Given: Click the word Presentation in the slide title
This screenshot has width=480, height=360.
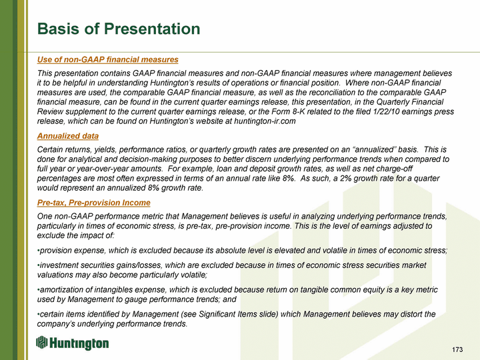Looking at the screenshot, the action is click(x=152, y=29).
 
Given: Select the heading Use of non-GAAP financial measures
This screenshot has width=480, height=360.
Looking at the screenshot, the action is click(x=108, y=59).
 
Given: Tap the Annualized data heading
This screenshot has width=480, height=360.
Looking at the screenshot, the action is click(x=67, y=135).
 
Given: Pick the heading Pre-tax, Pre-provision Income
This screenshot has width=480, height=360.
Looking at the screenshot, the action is click(x=94, y=203).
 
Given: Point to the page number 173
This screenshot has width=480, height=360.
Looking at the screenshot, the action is click(x=457, y=349).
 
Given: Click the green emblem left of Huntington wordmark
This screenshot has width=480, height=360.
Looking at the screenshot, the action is click(x=41, y=342).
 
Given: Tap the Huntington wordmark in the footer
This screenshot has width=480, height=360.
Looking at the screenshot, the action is click(x=79, y=343).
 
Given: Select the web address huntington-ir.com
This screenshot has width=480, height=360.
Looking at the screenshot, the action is click(x=265, y=121).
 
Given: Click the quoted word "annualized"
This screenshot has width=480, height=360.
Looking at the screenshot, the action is click(x=374, y=149).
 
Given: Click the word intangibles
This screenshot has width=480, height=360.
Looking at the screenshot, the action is click(x=113, y=289).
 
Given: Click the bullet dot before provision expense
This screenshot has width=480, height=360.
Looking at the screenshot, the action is click(x=38, y=251).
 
